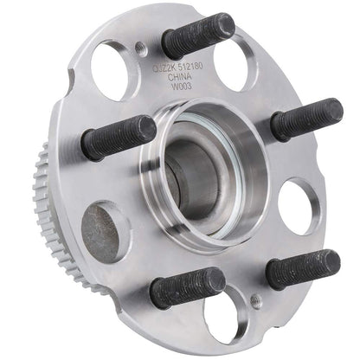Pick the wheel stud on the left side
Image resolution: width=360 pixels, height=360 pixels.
point(119,137)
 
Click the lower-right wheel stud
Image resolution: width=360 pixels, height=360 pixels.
point(302,268)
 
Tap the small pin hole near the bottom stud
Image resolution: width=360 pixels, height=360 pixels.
point(254,299)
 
